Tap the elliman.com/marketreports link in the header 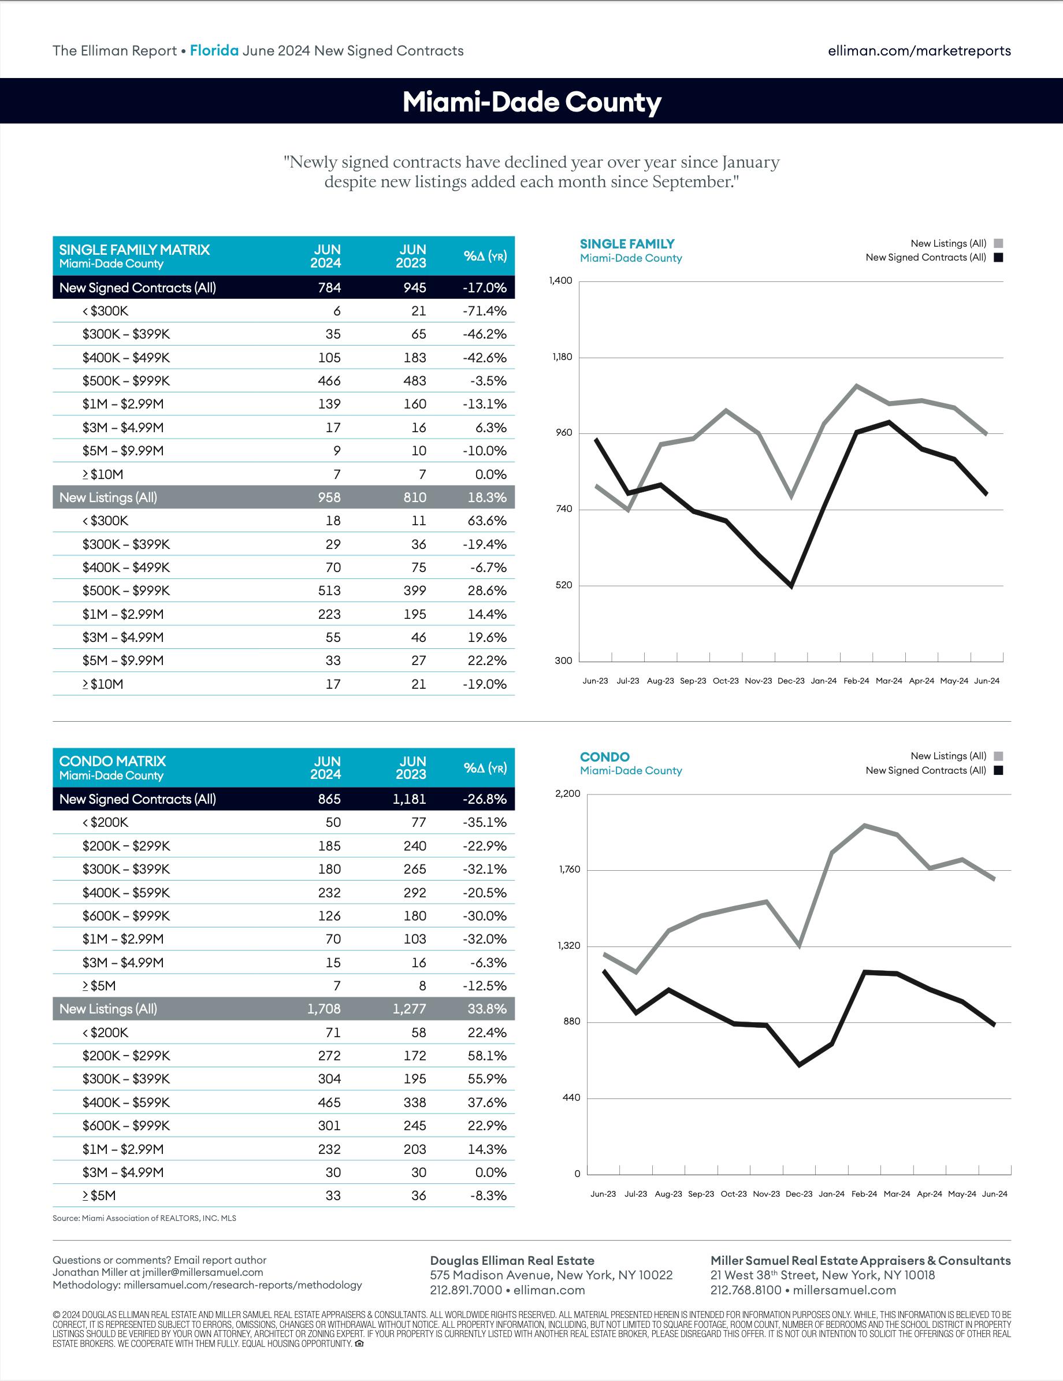click(x=919, y=51)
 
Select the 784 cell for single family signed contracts click(x=329, y=288)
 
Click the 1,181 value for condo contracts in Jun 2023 click(x=409, y=799)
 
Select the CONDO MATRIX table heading click(x=113, y=762)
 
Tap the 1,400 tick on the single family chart click(x=562, y=281)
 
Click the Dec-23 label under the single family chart click(x=791, y=681)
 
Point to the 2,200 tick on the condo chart click(x=567, y=793)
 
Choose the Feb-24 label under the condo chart click(x=864, y=1194)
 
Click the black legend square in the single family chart click(x=998, y=257)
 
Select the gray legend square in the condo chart click(x=998, y=756)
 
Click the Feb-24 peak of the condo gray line click(x=864, y=825)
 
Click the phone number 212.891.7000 click(x=466, y=1290)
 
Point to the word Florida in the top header click(x=214, y=51)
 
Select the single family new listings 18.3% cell click(x=486, y=498)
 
